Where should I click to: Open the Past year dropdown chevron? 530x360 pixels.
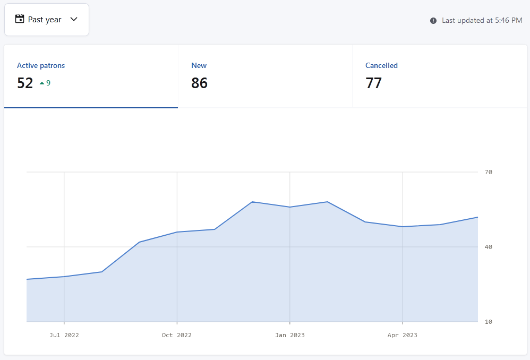click(x=74, y=19)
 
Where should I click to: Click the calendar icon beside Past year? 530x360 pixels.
click(x=20, y=19)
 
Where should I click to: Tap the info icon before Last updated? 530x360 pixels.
click(x=433, y=21)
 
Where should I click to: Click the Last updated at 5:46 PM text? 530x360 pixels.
click(x=482, y=21)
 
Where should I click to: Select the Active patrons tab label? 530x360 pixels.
click(x=41, y=66)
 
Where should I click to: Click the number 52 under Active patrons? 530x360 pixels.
click(x=25, y=83)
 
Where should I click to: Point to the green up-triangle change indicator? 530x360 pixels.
click(x=42, y=83)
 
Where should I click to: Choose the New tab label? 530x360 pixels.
click(x=199, y=66)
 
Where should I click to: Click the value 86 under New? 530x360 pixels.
click(x=200, y=83)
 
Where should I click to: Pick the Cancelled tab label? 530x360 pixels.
click(x=381, y=66)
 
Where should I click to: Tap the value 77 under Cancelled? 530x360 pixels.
click(x=373, y=83)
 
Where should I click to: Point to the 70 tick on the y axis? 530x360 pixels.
click(x=489, y=172)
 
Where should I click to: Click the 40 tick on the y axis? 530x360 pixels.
click(x=489, y=247)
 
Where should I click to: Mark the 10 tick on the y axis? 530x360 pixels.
click(x=489, y=322)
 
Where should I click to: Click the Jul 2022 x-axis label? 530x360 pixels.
click(x=64, y=335)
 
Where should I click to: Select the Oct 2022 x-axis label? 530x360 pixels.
click(x=177, y=335)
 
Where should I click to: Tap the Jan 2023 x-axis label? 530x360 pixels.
click(x=289, y=335)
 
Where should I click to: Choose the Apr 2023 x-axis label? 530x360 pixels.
click(x=403, y=335)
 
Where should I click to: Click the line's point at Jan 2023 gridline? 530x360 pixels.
click(x=289, y=207)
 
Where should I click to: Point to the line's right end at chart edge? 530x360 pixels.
click(x=477, y=217)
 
